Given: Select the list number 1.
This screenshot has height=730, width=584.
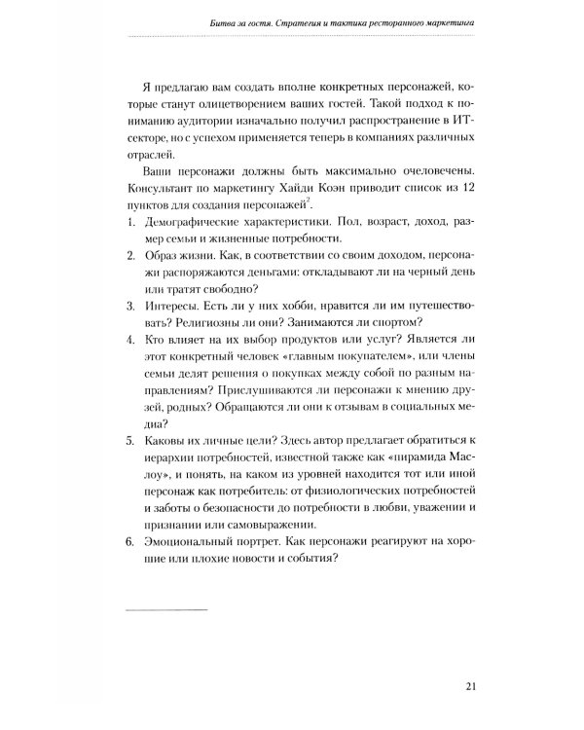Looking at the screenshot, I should click(x=131, y=222).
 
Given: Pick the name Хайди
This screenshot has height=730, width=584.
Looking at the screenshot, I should click(x=315, y=186).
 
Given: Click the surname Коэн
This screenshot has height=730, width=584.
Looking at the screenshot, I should click(x=358, y=186).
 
